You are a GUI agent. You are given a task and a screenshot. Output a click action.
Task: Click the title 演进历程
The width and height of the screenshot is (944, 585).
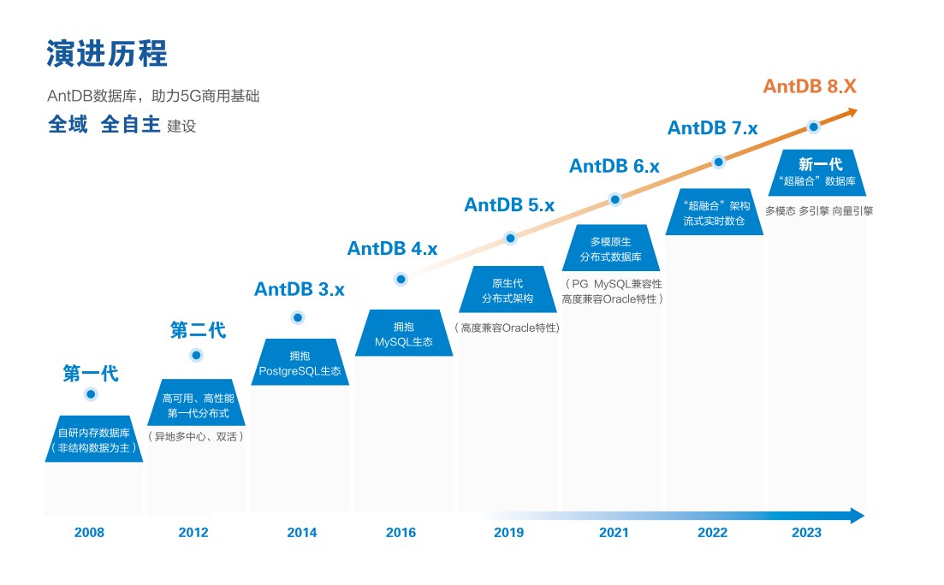[x=107, y=53]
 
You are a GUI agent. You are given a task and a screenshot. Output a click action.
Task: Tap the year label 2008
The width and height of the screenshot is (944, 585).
[x=89, y=533]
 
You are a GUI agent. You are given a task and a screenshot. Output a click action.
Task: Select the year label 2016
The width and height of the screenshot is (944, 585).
[x=401, y=533]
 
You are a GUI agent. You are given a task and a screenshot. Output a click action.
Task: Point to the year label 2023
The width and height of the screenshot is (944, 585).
[x=806, y=533]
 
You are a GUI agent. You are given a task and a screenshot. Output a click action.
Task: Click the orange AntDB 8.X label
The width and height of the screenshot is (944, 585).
[x=810, y=86]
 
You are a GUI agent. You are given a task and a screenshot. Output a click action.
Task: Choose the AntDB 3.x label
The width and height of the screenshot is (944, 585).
[x=299, y=290]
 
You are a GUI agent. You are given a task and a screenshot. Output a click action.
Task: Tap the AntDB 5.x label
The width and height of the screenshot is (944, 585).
[x=509, y=205]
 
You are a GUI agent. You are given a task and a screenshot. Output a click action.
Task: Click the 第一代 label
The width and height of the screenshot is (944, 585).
[x=91, y=374]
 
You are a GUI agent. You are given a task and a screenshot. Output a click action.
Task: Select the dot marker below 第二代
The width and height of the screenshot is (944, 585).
[x=196, y=355]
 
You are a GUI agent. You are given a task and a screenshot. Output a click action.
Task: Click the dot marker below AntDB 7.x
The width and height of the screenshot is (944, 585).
[x=719, y=162]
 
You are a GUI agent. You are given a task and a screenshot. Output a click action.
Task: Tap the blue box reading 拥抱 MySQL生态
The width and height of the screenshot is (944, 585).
[x=403, y=334]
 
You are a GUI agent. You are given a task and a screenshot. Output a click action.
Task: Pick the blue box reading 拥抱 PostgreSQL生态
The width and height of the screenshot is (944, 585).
[x=300, y=363]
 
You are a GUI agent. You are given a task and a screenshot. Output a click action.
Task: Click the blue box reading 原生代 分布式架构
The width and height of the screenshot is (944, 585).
[x=508, y=291]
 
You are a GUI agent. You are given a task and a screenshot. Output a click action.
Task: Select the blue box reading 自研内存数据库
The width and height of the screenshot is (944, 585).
[x=93, y=440]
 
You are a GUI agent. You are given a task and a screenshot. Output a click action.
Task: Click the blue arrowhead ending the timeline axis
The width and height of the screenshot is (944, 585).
[x=857, y=515]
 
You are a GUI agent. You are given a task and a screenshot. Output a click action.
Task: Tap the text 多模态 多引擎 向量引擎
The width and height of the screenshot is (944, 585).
[x=818, y=210]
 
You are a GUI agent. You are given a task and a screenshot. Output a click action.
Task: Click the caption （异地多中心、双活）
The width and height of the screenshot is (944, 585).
[x=196, y=437]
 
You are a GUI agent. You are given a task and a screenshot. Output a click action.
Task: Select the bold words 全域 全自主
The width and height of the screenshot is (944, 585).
[x=104, y=125]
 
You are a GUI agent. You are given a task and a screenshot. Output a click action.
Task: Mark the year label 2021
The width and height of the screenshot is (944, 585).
[x=613, y=533]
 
